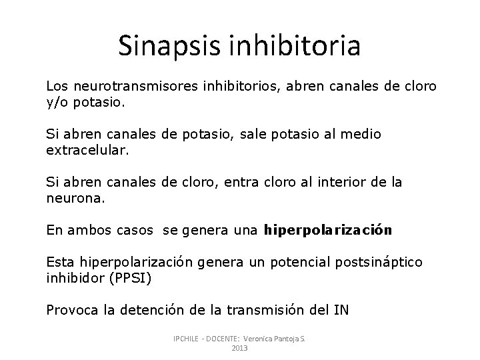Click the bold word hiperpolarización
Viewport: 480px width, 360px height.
click(x=329, y=231)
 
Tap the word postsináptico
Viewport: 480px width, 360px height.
click(x=381, y=263)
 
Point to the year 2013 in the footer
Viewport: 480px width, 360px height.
click(x=239, y=348)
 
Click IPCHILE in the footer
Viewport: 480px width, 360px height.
click(x=189, y=338)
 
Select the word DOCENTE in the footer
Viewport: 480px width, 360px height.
click(x=225, y=338)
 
